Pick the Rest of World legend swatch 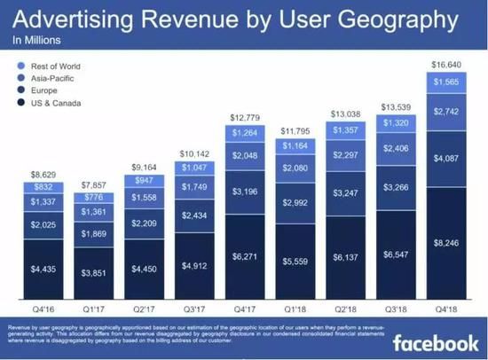(x=20, y=65)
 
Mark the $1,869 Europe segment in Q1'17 (x=93, y=233)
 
